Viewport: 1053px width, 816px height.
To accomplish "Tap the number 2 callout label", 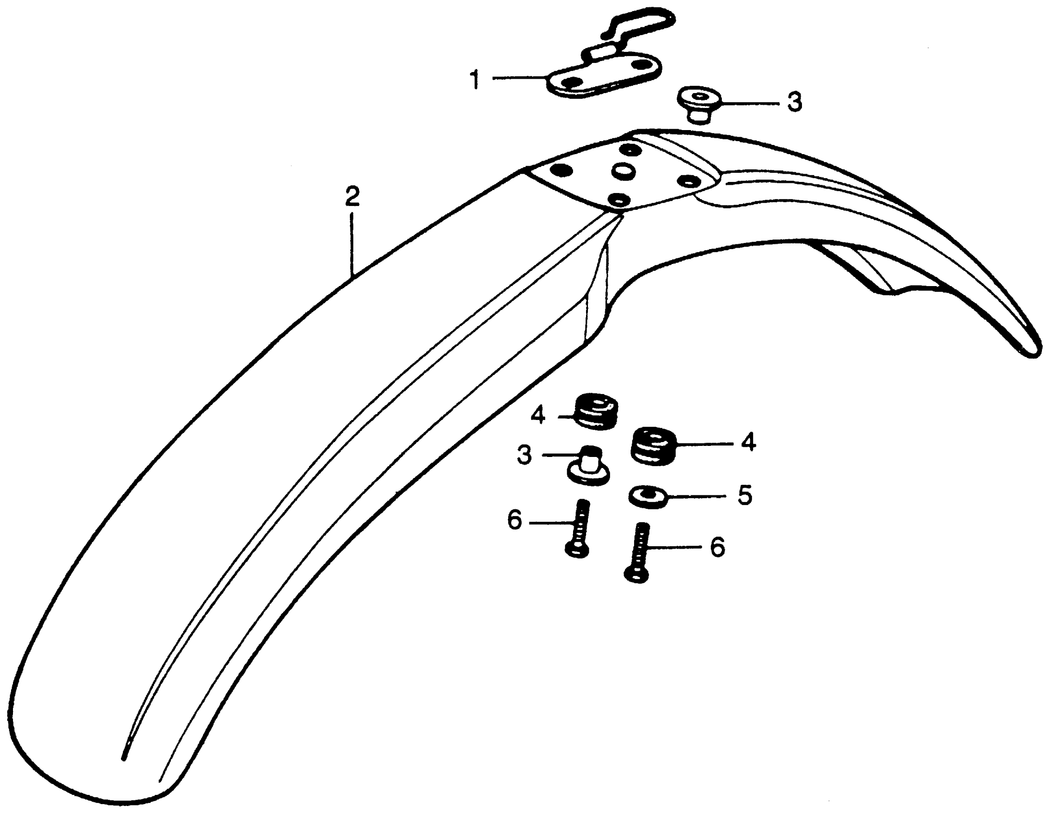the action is point(351,197).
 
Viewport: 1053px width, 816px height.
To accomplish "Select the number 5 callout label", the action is point(745,495).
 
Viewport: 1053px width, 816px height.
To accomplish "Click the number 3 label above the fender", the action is point(794,102).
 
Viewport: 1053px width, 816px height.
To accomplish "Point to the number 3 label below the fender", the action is point(525,455).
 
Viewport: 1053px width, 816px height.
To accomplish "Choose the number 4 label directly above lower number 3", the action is point(538,415).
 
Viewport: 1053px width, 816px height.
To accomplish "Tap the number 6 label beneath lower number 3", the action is point(515,521).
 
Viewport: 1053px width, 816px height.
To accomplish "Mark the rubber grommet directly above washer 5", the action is point(654,446).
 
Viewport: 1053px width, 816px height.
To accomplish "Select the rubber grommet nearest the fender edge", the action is point(597,413).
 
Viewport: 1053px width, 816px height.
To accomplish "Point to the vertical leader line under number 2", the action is point(352,243).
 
